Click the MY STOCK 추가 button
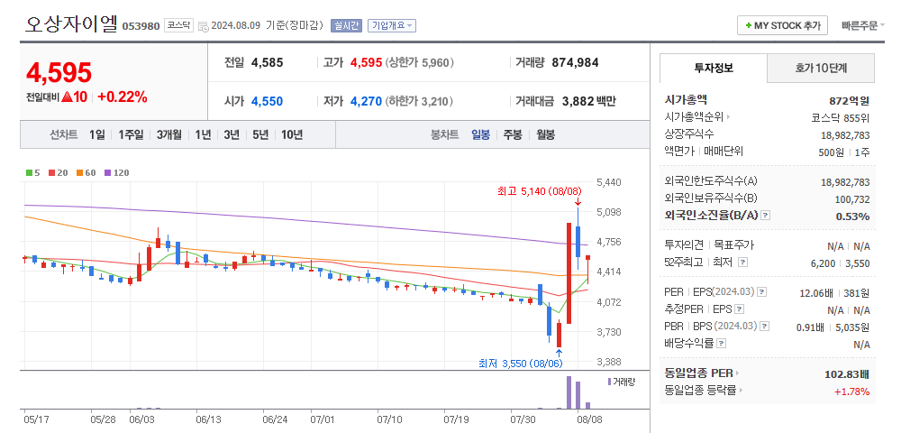[783, 25]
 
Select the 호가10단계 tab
[821, 68]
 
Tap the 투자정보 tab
[714, 68]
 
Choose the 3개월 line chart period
[169, 134]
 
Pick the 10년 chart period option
[292, 134]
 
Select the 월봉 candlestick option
[545, 134]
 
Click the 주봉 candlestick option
[513, 134]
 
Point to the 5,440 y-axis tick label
[609, 182]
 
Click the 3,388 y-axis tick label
[609, 362]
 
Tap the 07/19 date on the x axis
[457, 419]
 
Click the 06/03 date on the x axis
[142, 419]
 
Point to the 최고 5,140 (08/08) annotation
[539, 191]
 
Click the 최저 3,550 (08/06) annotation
[521, 363]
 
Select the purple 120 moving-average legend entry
[117, 172]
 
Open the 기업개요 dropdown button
[392, 26]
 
